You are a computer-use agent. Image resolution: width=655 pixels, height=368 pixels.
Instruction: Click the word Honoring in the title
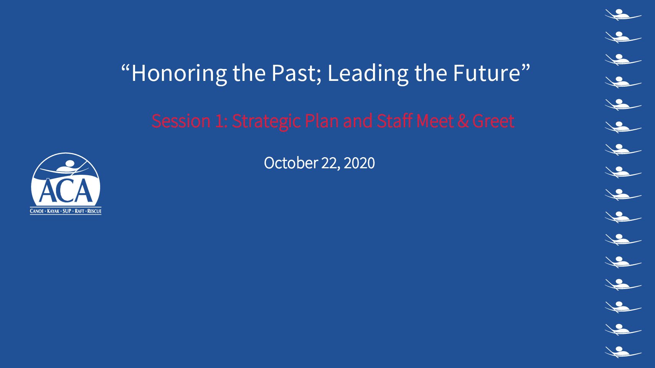click(179, 74)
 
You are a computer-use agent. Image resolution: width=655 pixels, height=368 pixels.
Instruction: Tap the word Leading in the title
click(368, 74)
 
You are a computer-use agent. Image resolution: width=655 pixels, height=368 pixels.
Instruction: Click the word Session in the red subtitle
click(181, 121)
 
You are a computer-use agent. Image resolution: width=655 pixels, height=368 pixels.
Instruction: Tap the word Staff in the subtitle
click(394, 121)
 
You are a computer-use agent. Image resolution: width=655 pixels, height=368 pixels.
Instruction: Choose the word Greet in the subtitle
click(493, 121)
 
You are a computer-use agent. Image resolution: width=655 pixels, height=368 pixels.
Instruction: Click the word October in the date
click(291, 163)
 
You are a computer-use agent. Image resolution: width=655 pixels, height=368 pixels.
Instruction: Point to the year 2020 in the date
click(360, 163)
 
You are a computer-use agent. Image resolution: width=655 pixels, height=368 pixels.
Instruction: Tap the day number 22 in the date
click(330, 163)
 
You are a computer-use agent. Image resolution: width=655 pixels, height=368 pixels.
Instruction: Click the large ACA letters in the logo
click(66, 191)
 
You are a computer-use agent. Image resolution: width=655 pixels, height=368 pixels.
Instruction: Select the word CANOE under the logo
click(37, 211)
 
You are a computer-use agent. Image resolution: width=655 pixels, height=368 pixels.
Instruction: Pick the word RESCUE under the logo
click(94, 211)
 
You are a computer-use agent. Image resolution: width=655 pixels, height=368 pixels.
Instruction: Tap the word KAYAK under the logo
click(53, 211)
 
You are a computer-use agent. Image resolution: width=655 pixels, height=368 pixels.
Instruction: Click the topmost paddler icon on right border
click(623, 15)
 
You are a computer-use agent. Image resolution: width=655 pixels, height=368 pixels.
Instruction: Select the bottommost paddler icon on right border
click(623, 352)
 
